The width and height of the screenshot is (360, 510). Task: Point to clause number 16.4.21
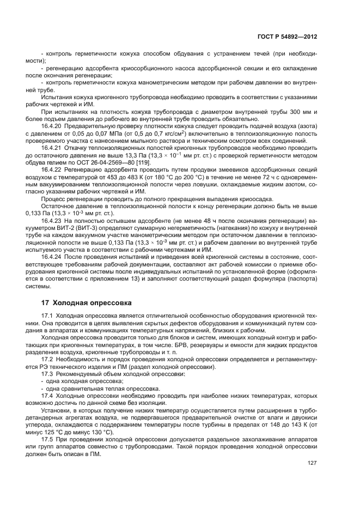tap(52, 147)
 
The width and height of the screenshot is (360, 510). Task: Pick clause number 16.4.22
tap(52, 168)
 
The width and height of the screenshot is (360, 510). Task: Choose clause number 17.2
tap(47, 359)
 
